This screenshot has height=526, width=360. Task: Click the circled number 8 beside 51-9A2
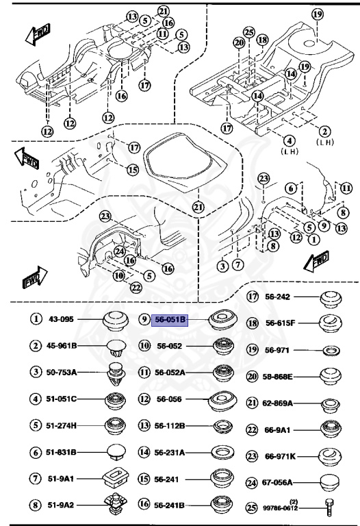click(34, 505)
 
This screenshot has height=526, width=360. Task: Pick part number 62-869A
click(279, 404)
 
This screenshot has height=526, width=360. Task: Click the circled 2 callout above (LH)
click(324, 131)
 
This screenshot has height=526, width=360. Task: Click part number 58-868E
click(279, 377)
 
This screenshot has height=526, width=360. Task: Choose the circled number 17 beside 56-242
click(253, 297)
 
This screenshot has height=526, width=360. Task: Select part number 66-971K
click(279, 456)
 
